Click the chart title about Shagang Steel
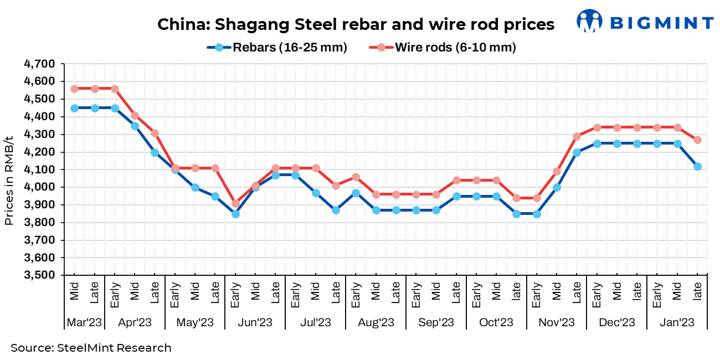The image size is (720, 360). coord(356,24)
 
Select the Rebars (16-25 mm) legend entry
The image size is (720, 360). coord(277,48)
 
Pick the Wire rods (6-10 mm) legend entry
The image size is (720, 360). coord(443,48)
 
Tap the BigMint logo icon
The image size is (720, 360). coord(589,21)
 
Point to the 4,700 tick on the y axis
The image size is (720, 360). coord(39,64)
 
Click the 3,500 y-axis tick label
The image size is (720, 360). coord(39,275)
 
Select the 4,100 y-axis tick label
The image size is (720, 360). coord(39,169)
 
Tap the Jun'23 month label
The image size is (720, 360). coord(255,322)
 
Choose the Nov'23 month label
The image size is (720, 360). coord(557,322)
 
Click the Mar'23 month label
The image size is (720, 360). coord(84,322)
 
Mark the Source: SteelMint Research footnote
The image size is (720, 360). coord(91,348)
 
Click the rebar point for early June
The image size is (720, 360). coord(235,214)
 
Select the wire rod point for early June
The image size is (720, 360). coord(235,203)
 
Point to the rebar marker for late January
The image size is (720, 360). coord(697,166)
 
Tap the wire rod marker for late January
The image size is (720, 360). coord(697,140)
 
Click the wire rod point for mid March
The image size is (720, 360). coord(75,89)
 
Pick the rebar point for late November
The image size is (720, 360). coord(577,152)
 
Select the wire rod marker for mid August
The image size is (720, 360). coord(376,194)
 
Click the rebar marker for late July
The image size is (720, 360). coord(336,210)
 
